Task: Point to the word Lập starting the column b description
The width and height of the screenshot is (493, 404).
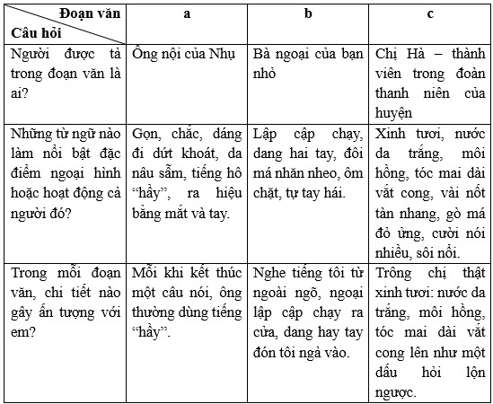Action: tap(268, 134)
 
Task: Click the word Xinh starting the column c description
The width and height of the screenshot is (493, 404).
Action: tap(392, 134)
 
